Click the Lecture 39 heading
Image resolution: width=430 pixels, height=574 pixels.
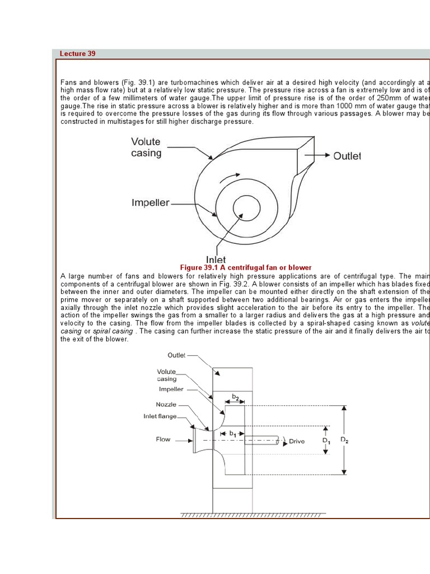(78, 54)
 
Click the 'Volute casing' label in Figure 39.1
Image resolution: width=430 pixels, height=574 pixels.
(146, 147)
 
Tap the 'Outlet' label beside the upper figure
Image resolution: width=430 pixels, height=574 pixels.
(347, 156)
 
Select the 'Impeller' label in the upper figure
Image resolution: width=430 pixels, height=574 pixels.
(150, 202)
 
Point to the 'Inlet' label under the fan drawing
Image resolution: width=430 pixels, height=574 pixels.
(216, 260)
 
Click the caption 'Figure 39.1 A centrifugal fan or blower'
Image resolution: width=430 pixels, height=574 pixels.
(246, 268)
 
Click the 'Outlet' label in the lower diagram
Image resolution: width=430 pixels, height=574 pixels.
(177, 355)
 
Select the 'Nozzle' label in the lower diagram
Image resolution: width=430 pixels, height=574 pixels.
(166, 404)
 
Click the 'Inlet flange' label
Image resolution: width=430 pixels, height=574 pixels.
(160, 416)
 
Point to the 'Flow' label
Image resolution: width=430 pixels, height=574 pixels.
(163, 439)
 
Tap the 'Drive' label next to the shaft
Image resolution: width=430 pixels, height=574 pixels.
(297, 441)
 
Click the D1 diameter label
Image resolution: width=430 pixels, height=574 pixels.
(326, 441)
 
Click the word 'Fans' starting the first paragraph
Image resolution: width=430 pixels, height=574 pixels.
(68, 82)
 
